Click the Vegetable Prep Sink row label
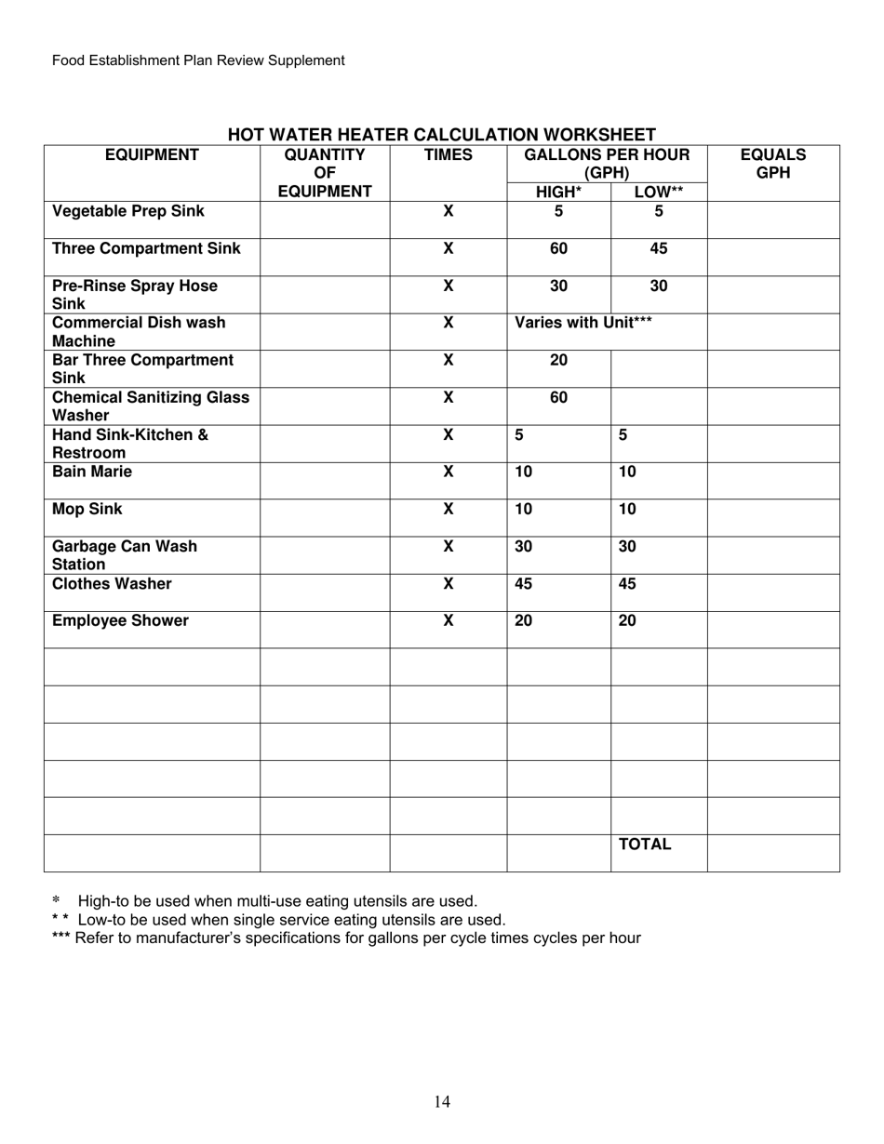coord(128,212)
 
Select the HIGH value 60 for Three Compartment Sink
coord(558,249)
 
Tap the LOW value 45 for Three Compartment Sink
coord(658,249)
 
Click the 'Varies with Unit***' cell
coord(583,323)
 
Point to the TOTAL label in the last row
coord(645,845)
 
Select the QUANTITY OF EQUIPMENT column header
coord(325,173)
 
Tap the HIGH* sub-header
coord(558,193)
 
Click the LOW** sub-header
coord(658,193)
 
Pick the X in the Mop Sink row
coord(448,510)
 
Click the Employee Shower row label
coord(120,621)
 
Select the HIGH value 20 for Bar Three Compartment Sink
coord(558,361)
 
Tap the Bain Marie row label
coord(92,472)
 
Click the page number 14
coord(442,1102)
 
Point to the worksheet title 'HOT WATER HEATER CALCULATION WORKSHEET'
coord(442,135)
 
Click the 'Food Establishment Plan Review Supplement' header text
coord(198,60)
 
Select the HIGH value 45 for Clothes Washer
coord(524,584)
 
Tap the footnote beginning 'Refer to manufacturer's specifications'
coord(357,938)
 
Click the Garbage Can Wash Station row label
coord(124,555)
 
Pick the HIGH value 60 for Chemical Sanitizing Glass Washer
coord(558,398)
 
